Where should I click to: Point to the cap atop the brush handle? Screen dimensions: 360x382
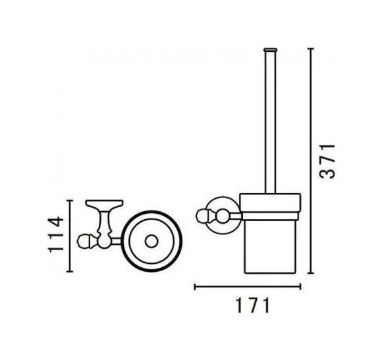pos(269,49)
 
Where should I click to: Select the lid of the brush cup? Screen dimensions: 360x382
pos(270,199)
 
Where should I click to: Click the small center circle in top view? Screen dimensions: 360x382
pos(151,242)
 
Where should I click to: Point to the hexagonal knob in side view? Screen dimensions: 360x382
pos(203,215)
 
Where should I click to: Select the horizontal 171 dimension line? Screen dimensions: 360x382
pos(247,286)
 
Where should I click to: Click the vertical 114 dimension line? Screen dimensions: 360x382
pos(71,234)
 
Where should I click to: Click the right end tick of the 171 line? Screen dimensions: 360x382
pos(300,286)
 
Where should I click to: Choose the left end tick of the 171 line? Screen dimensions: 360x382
pos(194,286)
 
